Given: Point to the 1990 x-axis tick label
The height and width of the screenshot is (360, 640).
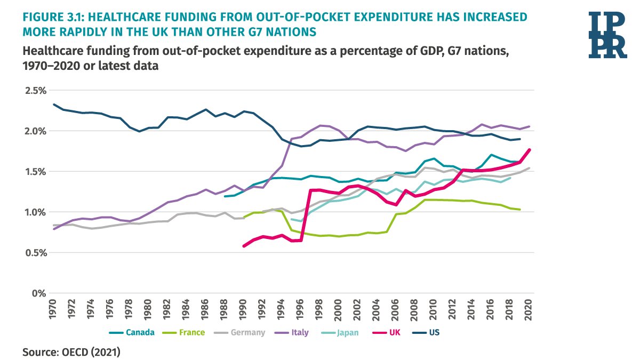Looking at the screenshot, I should pos(243,309).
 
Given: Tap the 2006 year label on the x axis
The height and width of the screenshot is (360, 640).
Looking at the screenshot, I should pos(395,309).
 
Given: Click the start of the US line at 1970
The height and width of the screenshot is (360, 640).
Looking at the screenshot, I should pos(54,105).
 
